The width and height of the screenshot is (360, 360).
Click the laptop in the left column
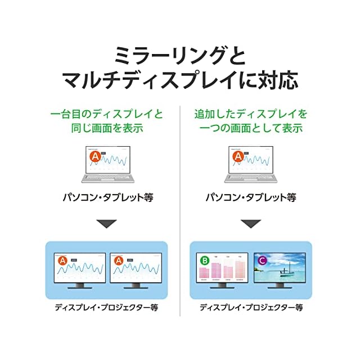107,164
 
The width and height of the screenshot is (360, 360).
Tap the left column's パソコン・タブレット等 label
107,197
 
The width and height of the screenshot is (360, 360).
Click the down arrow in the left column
107,224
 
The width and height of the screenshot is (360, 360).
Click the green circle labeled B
204,260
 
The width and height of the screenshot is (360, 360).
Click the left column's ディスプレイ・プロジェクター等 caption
107,308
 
